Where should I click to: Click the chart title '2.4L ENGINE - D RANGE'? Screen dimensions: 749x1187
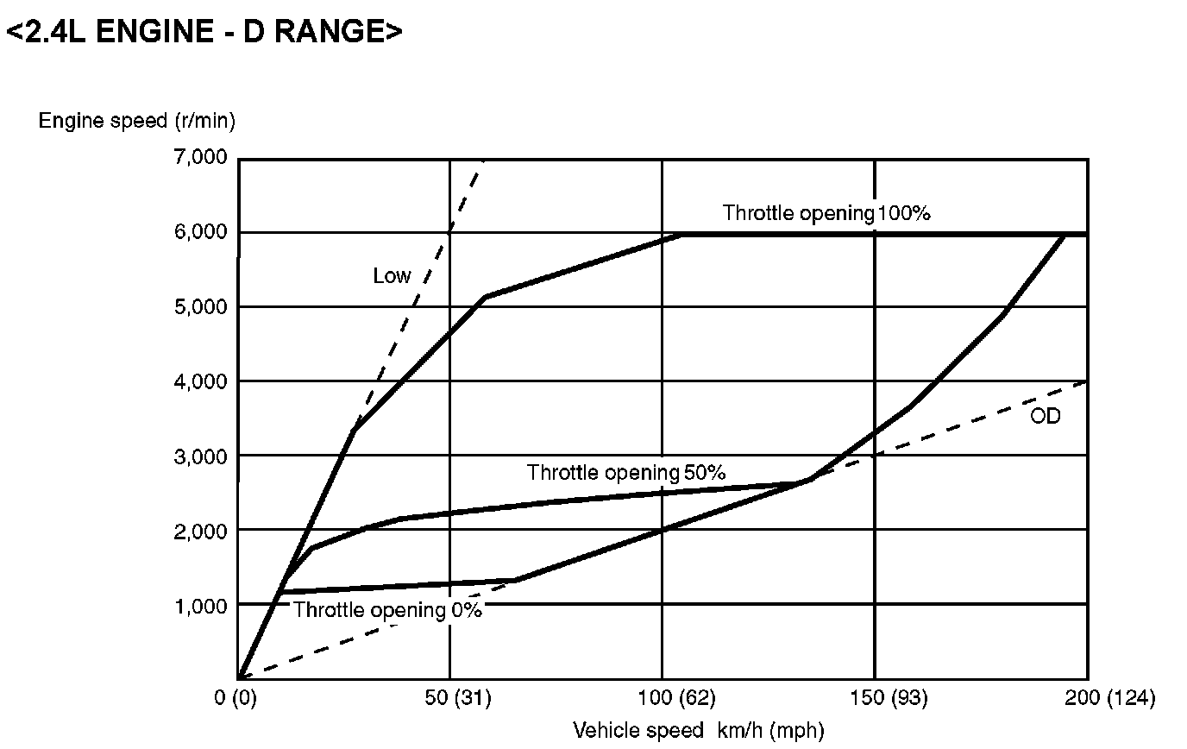pos(204,32)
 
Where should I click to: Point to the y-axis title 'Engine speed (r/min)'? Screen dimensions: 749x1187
pos(136,121)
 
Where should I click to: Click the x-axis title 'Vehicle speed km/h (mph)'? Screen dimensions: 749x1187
pos(699,731)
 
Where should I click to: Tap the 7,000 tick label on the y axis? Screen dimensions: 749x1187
pos(200,158)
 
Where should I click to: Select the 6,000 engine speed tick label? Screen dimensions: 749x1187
pos(200,233)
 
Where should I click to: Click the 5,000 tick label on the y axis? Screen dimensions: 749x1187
pos(200,307)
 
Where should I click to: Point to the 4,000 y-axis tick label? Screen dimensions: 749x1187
pos(200,381)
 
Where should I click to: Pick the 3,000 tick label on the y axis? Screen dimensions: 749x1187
pos(200,456)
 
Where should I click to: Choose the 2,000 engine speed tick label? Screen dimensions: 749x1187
pos(200,531)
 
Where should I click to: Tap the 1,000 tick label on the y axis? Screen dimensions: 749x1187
pos(200,606)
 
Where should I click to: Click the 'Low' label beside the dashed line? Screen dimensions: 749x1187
pos(392,276)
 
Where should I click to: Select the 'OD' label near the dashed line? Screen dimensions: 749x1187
pos(1045,417)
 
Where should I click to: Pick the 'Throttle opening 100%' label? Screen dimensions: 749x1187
pos(826,213)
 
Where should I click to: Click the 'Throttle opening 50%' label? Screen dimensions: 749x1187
pos(626,473)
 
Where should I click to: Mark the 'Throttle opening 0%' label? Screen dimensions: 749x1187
pos(387,610)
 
